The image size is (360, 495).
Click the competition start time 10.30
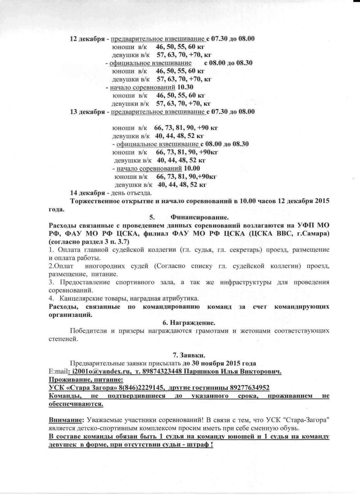tap(185, 87)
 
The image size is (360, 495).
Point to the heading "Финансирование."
tap(199, 217)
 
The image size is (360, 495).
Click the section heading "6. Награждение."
tap(189, 322)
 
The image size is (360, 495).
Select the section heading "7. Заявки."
tap(189, 355)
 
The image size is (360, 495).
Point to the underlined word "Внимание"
tap(65, 420)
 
